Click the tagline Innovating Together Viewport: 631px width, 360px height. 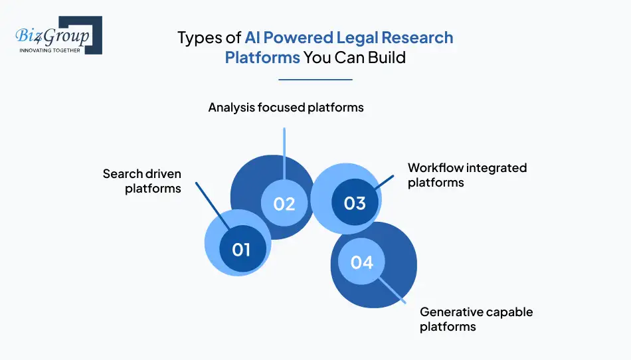pos(50,50)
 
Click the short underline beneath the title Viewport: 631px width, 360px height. pos(315,80)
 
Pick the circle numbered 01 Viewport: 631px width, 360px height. pos(241,249)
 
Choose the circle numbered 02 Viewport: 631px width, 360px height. pos(284,203)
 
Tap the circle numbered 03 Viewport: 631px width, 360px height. pos(355,202)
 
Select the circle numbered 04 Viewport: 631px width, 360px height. pos(362,262)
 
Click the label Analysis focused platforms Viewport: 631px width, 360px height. pos(286,107)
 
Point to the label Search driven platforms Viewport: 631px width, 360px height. pos(142,181)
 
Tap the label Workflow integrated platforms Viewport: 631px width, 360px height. pos(467,175)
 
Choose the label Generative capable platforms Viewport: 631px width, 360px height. pos(476,319)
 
